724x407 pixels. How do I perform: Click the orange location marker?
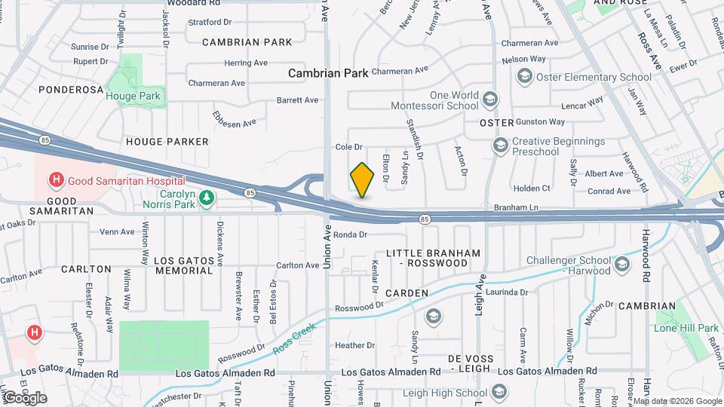(362, 180)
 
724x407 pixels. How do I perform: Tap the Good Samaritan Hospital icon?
(55, 180)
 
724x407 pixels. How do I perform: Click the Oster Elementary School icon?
(524, 76)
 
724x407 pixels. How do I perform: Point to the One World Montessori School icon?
(490, 100)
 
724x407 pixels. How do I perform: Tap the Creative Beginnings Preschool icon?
(499, 145)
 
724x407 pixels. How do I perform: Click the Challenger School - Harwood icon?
(622, 264)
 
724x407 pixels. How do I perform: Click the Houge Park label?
(133, 96)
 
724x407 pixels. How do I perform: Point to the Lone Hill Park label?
(687, 328)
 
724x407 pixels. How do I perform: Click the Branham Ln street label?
(517, 207)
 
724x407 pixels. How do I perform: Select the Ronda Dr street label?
(350, 234)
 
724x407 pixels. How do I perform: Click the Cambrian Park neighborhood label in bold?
(328, 73)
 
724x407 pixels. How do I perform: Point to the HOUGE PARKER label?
(167, 141)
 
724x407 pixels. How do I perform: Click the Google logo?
(25, 397)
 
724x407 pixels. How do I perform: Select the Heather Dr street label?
(350, 345)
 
